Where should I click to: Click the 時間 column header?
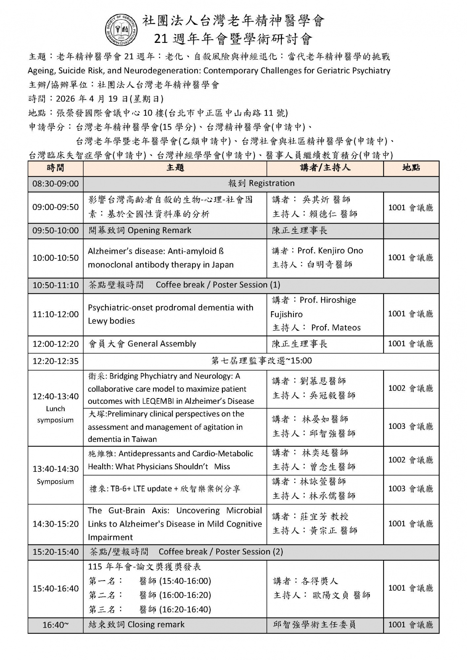[x=55, y=168]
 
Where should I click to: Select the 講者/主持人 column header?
[x=325, y=168]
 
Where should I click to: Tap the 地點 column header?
[x=411, y=168]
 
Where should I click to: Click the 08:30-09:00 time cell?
[x=55, y=184]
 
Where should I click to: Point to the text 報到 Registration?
[x=261, y=183]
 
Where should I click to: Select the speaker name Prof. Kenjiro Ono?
[x=330, y=251]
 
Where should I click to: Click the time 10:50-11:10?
[x=55, y=285]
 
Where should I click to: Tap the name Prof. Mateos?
[x=336, y=328]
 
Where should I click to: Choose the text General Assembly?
[x=162, y=344]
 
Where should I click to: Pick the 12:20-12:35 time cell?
[x=55, y=361]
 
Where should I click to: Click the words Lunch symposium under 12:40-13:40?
[x=55, y=414]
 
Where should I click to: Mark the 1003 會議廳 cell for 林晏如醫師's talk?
[x=411, y=426]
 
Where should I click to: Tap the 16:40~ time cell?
[x=55, y=625]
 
